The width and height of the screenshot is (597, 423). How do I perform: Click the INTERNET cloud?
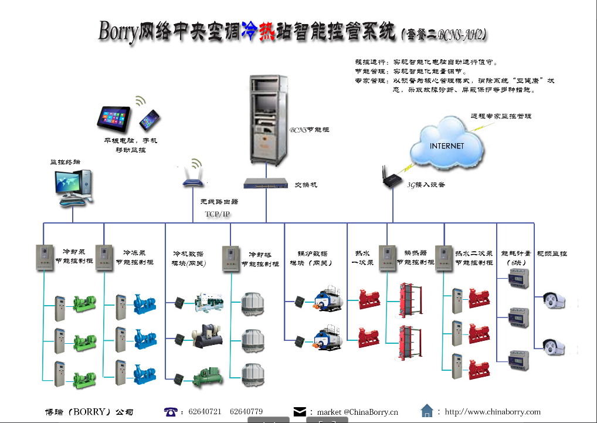pos(447,145)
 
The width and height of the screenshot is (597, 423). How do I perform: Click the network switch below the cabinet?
pos(266,184)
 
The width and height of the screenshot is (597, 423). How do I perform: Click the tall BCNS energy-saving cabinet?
pos(267,120)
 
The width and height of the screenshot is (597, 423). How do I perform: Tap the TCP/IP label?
pos(218,214)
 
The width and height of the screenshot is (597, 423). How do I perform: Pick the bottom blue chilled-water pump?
pos(144,372)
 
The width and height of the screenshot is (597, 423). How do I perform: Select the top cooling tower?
pos(253,303)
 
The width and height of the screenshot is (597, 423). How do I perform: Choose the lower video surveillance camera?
pos(553,347)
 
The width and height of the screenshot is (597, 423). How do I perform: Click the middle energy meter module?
pos(518,317)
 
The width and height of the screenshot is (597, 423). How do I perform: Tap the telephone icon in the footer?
pos(171,412)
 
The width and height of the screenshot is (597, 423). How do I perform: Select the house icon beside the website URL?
pos(427,411)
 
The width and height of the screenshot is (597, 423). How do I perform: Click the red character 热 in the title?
pos(267,33)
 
